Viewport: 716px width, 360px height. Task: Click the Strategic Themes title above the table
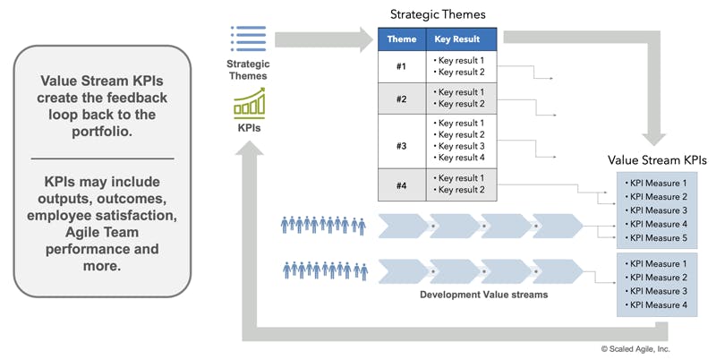click(x=437, y=14)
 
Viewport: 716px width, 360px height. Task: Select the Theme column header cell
click(x=401, y=40)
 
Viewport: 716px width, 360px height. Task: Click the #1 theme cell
click(x=401, y=66)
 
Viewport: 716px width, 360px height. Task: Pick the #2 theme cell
click(x=401, y=99)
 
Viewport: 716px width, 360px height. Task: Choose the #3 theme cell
click(x=401, y=141)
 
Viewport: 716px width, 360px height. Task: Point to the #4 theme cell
click(x=401, y=184)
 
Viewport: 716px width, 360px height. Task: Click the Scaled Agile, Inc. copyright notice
click(x=635, y=348)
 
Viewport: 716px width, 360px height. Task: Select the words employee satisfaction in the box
click(x=102, y=215)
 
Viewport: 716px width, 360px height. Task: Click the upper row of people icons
click(x=324, y=226)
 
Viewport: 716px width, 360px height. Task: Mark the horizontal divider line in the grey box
click(x=102, y=159)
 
